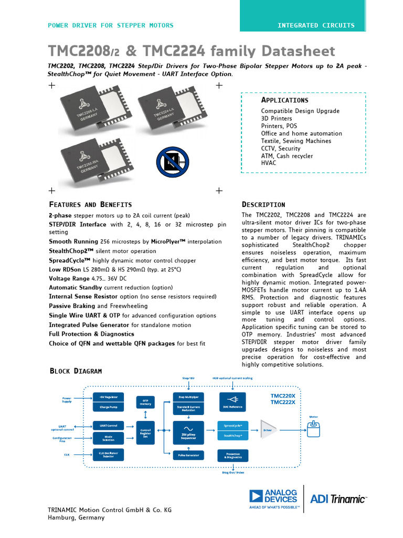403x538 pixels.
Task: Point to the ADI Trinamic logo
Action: [x=338, y=499]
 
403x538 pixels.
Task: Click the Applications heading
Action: [x=285, y=100]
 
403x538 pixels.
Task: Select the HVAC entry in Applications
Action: [x=269, y=163]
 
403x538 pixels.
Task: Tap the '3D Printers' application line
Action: [x=277, y=119]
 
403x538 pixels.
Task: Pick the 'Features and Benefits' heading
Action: [x=90, y=204]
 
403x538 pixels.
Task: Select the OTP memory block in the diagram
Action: [x=146, y=402]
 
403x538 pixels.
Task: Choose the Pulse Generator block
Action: [x=188, y=455]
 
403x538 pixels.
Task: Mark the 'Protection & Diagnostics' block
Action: [x=233, y=455]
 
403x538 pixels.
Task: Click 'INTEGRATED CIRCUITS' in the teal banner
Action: [x=316, y=25]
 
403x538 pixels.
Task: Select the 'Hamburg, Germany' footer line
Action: [x=76, y=518]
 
